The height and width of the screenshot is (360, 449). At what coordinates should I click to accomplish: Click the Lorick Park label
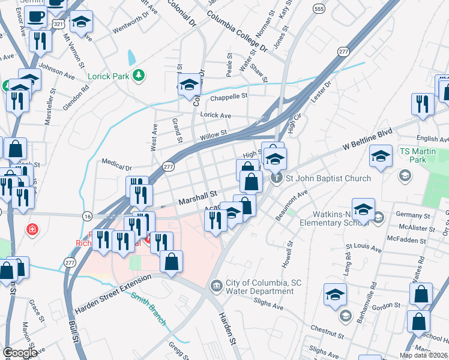click(x=109, y=76)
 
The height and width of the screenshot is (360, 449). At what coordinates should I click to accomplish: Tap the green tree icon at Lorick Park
click(x=139, y=75)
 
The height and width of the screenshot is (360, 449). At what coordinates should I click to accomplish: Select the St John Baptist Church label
click(x=328, y=178)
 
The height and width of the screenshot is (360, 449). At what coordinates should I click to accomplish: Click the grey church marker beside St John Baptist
click(x=276, y=178)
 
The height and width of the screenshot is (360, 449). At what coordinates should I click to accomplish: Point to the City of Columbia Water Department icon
click(x=215, y=287)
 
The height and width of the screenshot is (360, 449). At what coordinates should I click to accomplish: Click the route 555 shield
click(x=319, y=9)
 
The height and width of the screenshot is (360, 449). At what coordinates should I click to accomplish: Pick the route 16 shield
click(x=88, y=216)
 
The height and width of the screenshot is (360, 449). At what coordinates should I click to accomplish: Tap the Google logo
click(x=20, y=353)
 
